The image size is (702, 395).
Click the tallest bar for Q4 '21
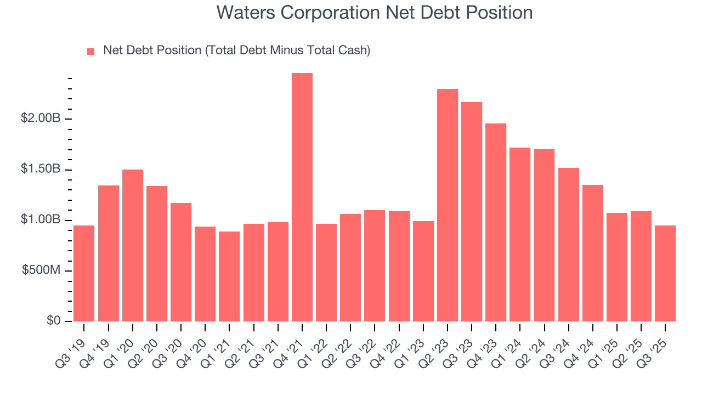[302, 198]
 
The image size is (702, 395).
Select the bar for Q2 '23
[448, 205]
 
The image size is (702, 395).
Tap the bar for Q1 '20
[133, 245]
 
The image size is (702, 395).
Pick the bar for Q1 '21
[229, 276]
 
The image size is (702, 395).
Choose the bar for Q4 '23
[496, 222]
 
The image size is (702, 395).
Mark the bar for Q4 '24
[593, 253]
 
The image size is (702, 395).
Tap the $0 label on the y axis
[54, 321]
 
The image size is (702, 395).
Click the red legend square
[91, 51]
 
